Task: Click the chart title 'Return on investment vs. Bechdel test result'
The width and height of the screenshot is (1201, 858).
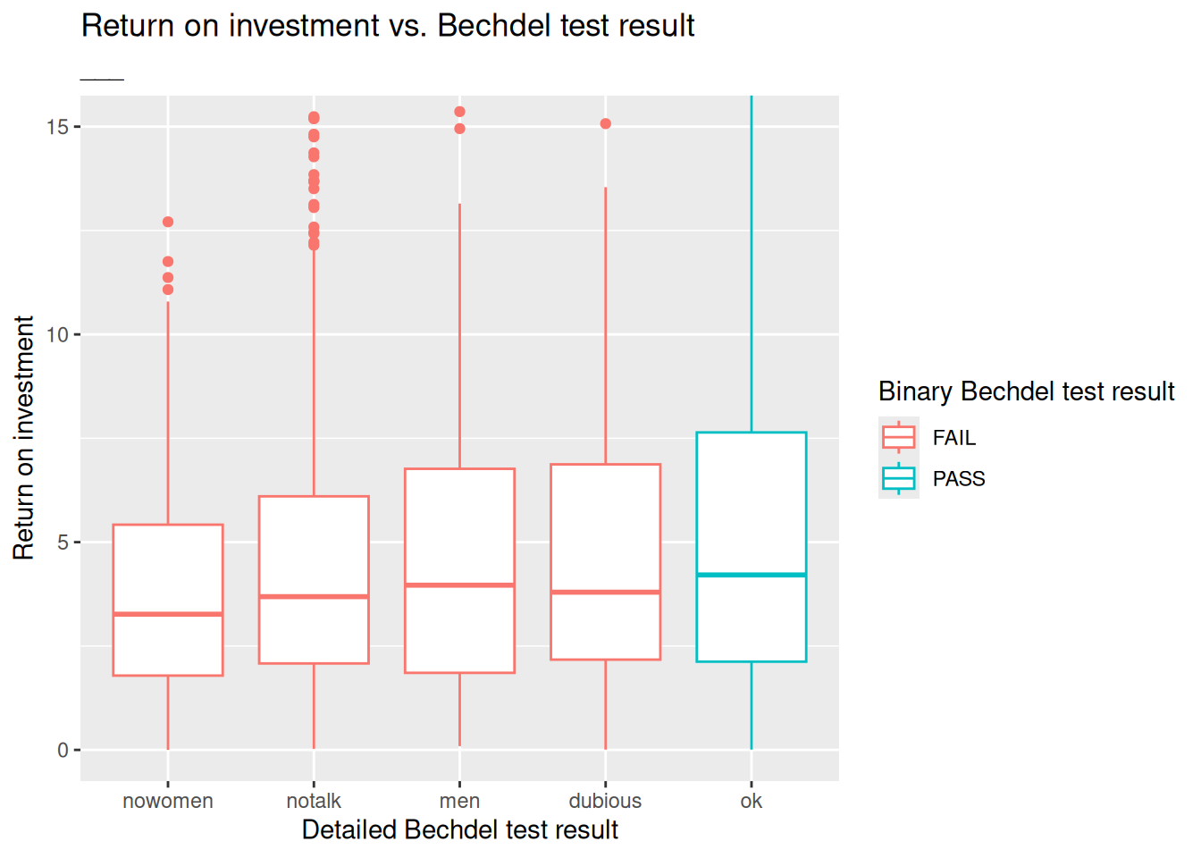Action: click(388, 26)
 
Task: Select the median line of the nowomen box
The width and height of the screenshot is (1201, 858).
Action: click(168, 614)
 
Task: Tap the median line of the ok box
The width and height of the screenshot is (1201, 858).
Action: click(752, 575)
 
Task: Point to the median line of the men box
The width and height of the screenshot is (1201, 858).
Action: click(459, 585)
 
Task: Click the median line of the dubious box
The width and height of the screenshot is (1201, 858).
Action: click(606, 592)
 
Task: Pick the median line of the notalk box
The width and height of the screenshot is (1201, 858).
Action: click(314, 596)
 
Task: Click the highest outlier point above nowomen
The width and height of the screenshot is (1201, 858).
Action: click(168, 222)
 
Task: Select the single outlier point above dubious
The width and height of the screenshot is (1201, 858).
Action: click(606, 124)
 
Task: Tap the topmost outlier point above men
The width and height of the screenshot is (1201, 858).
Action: click(459, 112)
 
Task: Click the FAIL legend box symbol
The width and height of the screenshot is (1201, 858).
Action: click(899, 437)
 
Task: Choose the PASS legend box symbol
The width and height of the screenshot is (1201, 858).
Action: click(899, 478)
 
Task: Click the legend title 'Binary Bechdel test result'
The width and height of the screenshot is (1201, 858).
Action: click(1026, 391)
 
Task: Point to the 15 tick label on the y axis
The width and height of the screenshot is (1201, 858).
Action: click(57, 127)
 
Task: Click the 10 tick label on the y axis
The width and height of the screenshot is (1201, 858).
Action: click(57, 335)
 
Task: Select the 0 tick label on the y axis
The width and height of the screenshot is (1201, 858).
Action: click(63, 751)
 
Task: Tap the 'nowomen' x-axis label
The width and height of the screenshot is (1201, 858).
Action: click(168, 801)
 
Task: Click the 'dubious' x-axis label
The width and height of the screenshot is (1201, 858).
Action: click(605, 801)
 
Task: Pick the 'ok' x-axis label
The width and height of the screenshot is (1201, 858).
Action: click(752, 801)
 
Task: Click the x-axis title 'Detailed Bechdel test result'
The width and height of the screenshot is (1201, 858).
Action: click(459, 830)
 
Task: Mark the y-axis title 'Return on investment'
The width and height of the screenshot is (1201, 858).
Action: click(24, 438)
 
